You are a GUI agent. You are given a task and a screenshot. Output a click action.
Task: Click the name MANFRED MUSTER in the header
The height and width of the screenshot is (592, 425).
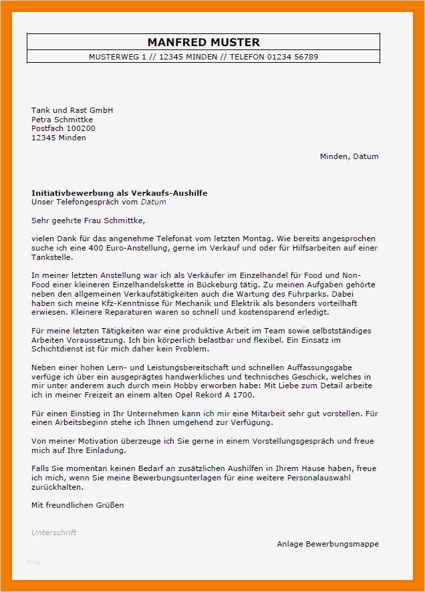click(x=203, y=42)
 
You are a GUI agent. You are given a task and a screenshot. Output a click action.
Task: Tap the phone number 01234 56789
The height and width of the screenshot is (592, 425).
click(x=293, y=57)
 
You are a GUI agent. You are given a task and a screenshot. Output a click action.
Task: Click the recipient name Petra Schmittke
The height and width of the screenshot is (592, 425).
click(x=62, y=120)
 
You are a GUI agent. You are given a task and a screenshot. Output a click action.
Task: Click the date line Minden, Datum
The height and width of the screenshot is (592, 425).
click(x=349, y=156)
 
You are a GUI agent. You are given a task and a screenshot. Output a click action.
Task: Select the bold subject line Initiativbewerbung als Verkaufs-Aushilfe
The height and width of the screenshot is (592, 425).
click(x=119, y=193)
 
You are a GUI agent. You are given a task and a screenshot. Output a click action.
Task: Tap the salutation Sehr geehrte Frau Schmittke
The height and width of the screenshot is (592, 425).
click(x=88, y=220)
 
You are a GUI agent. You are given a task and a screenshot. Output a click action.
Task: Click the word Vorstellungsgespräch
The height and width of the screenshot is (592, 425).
click(x=263, y=442)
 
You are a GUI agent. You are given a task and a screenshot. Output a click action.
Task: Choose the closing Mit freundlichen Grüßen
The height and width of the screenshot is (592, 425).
click(x=78, y=505)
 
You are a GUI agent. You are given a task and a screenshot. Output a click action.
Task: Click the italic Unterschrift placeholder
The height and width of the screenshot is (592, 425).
click(x=54, y=533)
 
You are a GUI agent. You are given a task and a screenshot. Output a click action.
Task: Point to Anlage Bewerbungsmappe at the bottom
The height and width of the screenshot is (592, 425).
click(x=327, y=544)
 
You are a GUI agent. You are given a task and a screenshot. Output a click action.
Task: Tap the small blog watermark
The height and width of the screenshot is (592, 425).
click(x=33, y=562)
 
